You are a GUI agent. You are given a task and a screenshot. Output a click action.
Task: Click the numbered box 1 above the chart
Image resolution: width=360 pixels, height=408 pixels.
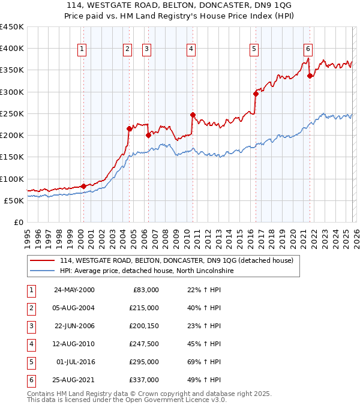(x=82, y=49)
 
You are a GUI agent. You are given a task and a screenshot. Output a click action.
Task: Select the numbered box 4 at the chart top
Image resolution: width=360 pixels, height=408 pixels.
(x=191, y=49)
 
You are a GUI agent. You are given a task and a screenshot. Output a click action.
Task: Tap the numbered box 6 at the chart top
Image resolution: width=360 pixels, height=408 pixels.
(x=308, y=49)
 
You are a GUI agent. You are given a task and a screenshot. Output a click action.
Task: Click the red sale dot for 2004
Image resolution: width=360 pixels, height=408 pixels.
(x=129, y=128)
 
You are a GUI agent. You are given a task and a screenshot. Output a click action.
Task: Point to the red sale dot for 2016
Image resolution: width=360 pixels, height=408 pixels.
(x=256, y=94)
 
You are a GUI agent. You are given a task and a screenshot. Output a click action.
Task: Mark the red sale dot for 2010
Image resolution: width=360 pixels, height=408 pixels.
(x=193, y=115)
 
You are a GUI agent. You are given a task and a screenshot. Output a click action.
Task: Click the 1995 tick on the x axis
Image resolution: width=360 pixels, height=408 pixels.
(x=27, y=235)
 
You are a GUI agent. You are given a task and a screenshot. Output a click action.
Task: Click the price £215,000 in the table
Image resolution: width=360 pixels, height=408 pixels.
(x=145, y=308)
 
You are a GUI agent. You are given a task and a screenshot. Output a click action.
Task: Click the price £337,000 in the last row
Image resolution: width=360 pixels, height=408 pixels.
(x=145, y=380)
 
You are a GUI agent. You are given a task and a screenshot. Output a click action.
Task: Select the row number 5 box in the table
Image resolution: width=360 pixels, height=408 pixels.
(x=31, y=362)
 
